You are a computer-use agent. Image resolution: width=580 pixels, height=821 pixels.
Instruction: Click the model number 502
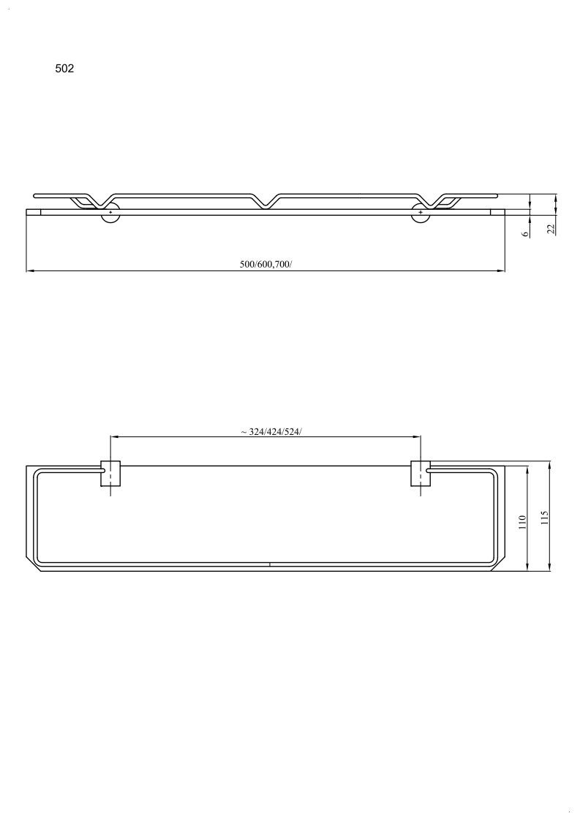(x=64, y=69)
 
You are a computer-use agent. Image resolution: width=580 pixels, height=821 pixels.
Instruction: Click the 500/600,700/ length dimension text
(x=265, y=265)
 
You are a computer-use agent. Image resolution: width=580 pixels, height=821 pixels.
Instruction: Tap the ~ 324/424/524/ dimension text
(x=271, y=432)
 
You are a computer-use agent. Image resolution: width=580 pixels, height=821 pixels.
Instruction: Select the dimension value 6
(x=524, y=233)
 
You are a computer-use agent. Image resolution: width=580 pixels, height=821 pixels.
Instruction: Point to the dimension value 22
(x=551, y=228)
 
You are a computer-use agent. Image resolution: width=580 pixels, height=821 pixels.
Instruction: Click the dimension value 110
(x=521, y=522)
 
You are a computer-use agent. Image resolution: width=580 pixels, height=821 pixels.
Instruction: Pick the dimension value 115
(x=544, y=518)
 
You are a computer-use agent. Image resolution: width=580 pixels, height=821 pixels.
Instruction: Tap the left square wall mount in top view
(x=110, y=473)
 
